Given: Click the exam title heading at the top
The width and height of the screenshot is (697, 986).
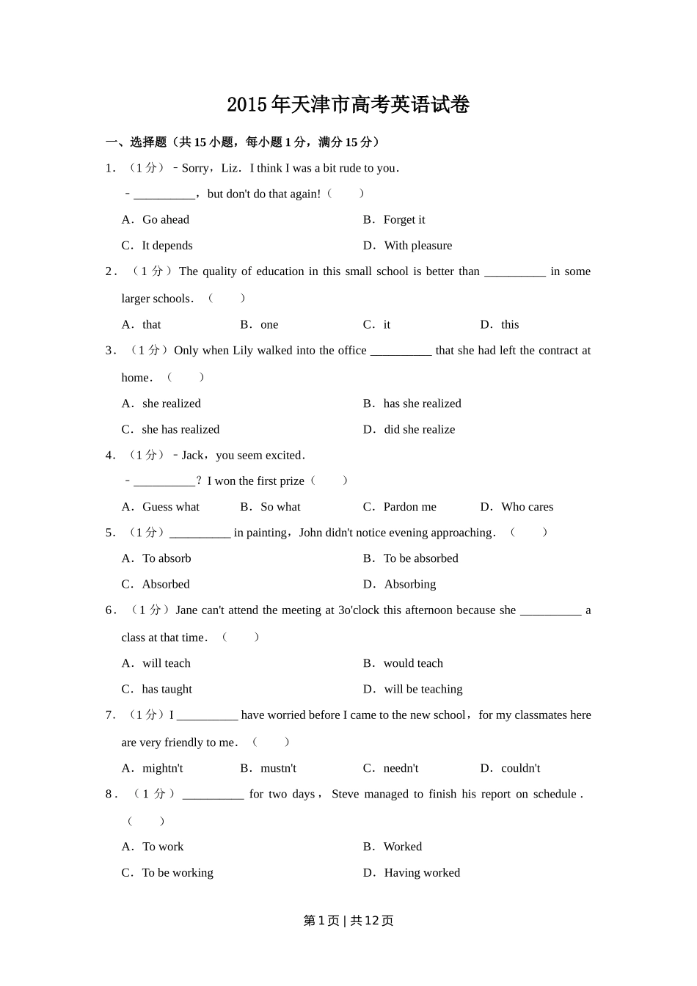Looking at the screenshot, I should (348, 105).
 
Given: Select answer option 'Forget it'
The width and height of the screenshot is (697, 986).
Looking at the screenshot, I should (404, 219).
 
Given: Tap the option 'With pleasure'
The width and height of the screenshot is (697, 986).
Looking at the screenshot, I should (417, 245).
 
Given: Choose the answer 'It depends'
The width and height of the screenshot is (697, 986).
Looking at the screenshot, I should (167, 245).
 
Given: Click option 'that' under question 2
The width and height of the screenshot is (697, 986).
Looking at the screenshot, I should (151, 324).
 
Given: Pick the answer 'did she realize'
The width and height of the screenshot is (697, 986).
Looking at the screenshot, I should (419, 429).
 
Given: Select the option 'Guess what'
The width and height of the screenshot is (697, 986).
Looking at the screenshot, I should (170, 506).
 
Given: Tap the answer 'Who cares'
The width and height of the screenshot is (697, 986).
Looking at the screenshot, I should (527, 506).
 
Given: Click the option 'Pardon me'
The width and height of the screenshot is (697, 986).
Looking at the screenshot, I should (409, 506).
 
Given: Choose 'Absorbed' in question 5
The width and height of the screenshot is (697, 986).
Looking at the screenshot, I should (165, 584).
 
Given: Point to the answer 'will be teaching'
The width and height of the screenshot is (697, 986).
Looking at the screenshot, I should (423, 689).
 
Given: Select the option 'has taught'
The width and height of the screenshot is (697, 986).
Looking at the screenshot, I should (167, 689).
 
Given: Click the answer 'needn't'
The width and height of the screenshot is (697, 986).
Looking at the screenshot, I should (401, 768).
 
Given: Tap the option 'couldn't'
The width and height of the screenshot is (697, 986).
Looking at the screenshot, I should (520, 768).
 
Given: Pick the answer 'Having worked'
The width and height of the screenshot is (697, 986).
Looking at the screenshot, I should (422, 872).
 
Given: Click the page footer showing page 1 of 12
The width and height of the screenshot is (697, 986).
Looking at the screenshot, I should (348, 921).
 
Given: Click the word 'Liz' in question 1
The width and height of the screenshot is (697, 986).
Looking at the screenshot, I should (230, 168).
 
